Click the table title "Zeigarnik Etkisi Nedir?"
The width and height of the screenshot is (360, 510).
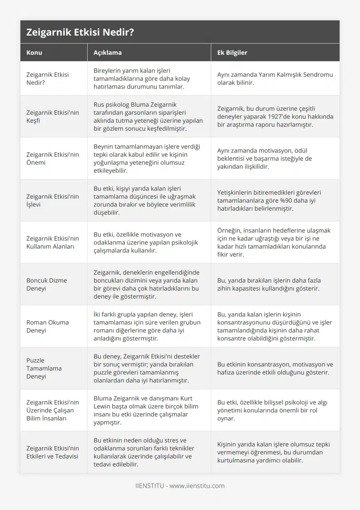coord(80,32)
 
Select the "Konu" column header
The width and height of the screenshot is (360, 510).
coord(34,52)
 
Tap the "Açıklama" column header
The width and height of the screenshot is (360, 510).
coord(107,52)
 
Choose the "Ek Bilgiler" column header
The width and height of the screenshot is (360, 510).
coord(232,52)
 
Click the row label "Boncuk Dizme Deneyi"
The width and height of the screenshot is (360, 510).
coord(47,284)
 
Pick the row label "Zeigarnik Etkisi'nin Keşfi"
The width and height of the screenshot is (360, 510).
coord(52,116)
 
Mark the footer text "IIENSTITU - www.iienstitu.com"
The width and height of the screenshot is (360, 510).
coord(180,486)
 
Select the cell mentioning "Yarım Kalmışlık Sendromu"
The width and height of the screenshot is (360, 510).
coord(275,78)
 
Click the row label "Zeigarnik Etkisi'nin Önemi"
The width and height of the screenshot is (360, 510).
coord(52,158)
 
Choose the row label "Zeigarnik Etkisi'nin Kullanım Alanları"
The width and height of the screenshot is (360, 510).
coord(52,242)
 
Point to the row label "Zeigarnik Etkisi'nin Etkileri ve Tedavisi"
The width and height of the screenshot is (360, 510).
coord(52,452)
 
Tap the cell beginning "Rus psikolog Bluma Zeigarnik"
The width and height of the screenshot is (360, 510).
coord(148,116)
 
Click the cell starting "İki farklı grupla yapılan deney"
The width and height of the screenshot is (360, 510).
coord(148,326)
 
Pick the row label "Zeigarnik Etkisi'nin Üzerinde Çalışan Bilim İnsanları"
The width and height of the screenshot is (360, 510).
coord(52,410)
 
